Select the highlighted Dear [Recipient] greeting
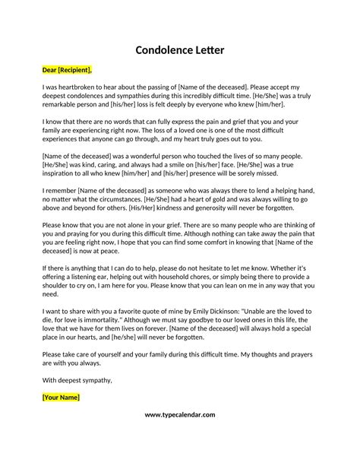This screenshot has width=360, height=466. pyautogui.click(x=67, y=71)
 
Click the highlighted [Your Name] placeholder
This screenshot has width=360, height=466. pyautogui.click(x=62, y=397)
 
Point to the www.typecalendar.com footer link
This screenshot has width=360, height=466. pyautogui.click(x=179, y=414)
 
